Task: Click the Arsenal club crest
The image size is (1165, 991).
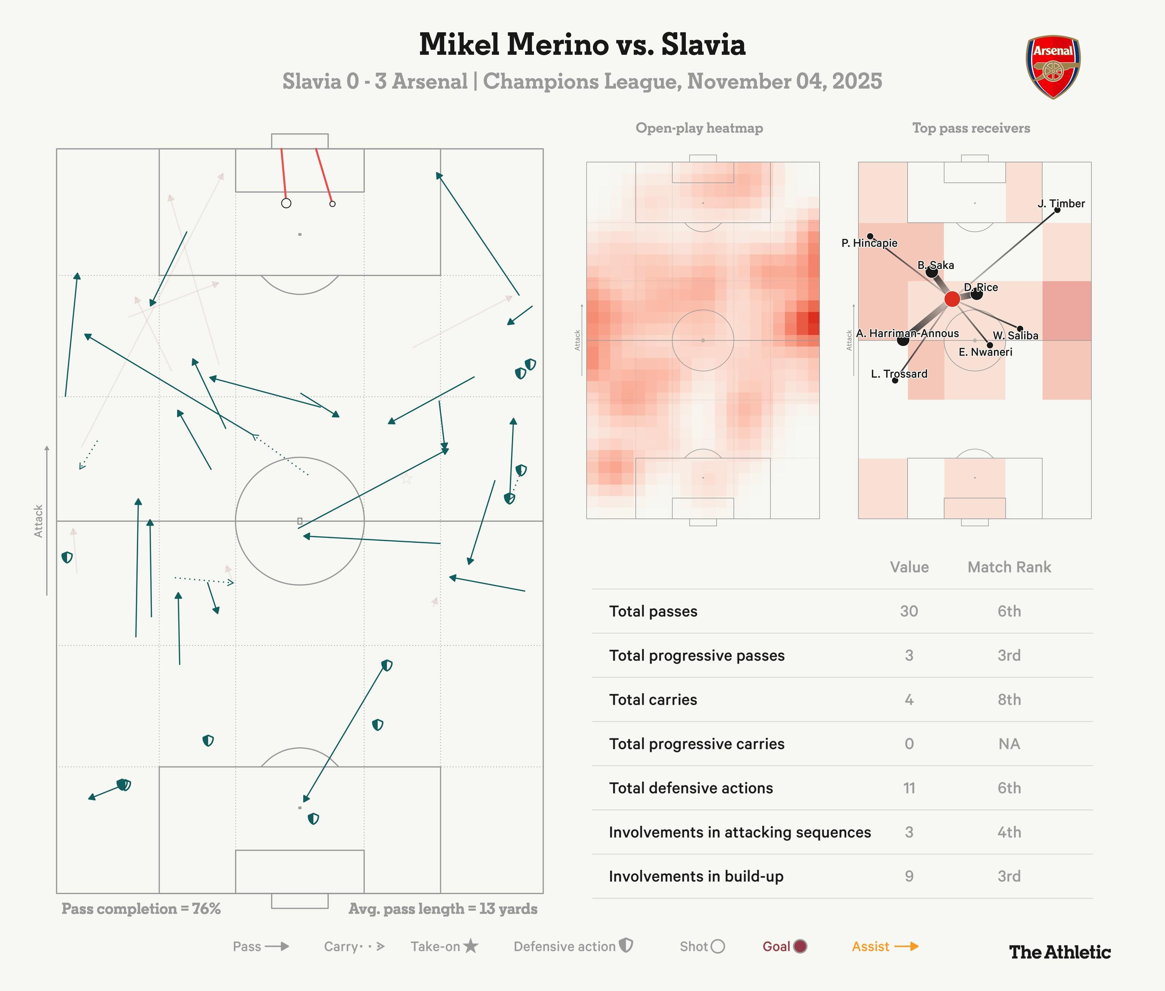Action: [x=1053, y=67]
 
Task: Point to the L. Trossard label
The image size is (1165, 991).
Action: [x=899, y=373]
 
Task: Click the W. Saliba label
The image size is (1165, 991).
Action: [x=1015, y=335]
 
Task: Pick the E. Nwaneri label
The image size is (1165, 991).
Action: [x=985, y=352]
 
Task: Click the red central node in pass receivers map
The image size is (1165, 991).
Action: [x=952, y=299]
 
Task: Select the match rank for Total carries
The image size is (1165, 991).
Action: [x=1009, y=700]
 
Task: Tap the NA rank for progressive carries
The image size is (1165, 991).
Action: [x=1009, y=744]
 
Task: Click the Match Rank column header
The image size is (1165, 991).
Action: [x=1009, y=567]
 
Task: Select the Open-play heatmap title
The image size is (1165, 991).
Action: [x=699, y=128]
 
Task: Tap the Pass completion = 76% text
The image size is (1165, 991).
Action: [x=141, y=909]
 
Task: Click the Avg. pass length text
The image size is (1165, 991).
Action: [x=442, y=909]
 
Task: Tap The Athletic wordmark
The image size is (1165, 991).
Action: [x=1059, y=952]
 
